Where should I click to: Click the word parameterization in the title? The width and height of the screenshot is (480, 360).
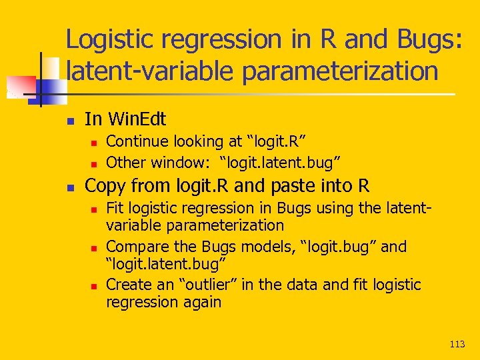(x=341, y=71)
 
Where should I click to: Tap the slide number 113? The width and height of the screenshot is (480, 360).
(x=457, y=344)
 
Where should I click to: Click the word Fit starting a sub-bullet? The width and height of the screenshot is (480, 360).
(x=115, y=209)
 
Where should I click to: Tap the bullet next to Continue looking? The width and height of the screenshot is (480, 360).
(x=94, y=142)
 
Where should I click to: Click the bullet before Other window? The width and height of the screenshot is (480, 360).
(x=94, y=163)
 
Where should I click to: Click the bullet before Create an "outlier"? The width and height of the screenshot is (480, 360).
(x=94, y=285)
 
